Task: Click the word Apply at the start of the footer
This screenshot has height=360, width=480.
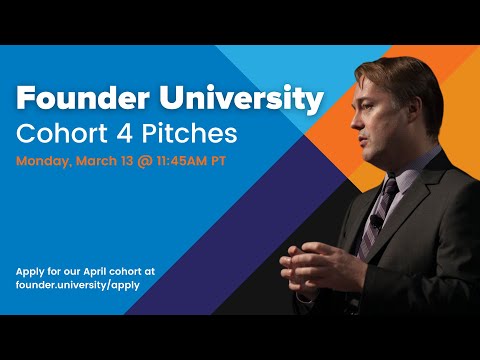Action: tap(31, 271)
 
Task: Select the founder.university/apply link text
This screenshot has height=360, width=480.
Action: tap(77, 285)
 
